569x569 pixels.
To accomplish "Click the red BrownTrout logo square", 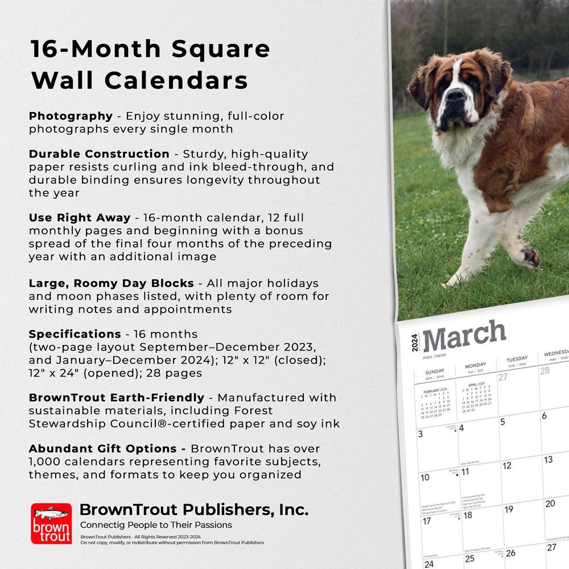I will [x=51, y=523].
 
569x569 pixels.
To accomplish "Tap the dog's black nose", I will [x=455, y=94].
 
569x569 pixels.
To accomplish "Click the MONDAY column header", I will [x=475, y=365].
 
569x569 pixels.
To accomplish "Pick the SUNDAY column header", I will [x=435, y=372].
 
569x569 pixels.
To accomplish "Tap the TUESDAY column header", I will [x=517, y=360].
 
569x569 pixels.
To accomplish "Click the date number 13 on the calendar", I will [x=548, y=460].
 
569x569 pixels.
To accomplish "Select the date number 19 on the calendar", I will [x=509, y=509].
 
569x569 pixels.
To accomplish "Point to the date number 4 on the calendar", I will [x=461, y=428].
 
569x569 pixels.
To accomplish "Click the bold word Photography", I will [x=71, y=116].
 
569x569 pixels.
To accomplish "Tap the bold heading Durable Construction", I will [x=99, y=154].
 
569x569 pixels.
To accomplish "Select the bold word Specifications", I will [x=75, y=334].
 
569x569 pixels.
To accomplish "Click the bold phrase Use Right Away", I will [x=80, y=218].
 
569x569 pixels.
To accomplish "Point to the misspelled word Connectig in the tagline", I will [x=102, y=525].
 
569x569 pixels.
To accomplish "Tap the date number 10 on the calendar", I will [x=425, y=477].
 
